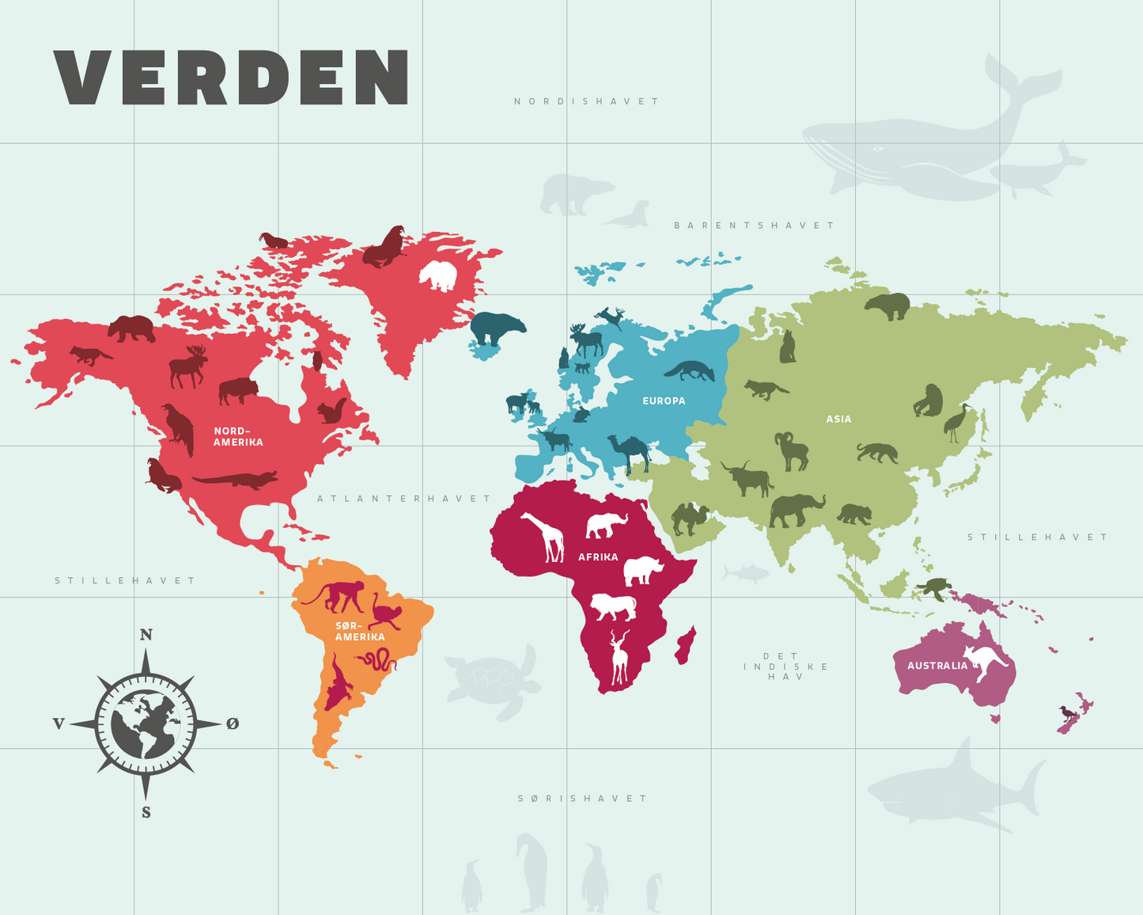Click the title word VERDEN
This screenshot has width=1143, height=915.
pyautogui.click(x=231, y=77)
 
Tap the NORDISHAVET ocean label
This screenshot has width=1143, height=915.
pyautogui.click(x=586, y=101)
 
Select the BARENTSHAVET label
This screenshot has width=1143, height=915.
pyautogui.click(x=754, y=226)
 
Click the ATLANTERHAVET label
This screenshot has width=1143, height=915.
pyautogui.click(x=404, y=499)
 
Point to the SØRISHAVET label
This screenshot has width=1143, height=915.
pyautogui.click(x=583, y=799)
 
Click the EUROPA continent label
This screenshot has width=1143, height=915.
pyautogui.click(x=664, y=401)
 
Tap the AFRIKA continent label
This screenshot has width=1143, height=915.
pyautogui.click(x=598, y=557)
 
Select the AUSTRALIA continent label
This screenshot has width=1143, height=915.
pyautogui.click(x=937, y=666)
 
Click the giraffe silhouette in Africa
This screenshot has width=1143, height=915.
pyautogui.click(x=546, y=536)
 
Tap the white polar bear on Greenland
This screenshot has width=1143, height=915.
pyautogui.click(x=438, y=275)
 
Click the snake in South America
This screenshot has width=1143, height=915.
pyautogui.click(x=377, y=659)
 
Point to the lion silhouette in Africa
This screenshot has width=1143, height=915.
pyautogui.click(x=613, y=607)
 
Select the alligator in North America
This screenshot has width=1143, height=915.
pyautogui.click(x=235, y=480)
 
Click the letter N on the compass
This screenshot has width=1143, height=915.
pyautogui.click(x=146, y=635)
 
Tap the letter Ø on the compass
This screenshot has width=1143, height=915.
pyautogui.click(x=233, y=723)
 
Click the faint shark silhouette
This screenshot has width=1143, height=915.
pyautogui.click(x=953, y=788)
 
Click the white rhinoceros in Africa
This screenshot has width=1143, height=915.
pyautogui.click(x=642, y=570)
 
